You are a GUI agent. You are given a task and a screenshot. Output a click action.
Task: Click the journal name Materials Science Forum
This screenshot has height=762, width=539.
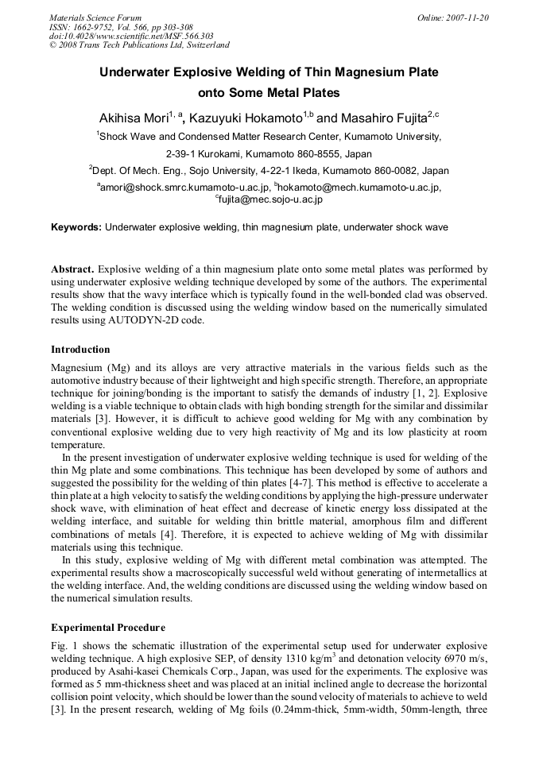(95, 17)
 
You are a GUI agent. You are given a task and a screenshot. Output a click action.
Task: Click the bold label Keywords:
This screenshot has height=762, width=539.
(76, 227)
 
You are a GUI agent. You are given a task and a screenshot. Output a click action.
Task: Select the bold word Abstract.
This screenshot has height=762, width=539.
(73, 270)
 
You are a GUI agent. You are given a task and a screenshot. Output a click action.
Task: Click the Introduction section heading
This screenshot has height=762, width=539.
(80, 350)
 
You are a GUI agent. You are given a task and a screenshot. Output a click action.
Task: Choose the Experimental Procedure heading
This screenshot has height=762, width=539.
(108, 628)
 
